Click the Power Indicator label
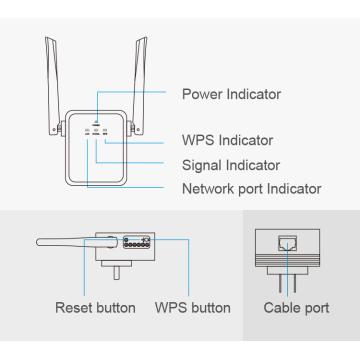click(231, 94)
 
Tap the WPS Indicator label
click(227, 140)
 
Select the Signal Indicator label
click(231, 165)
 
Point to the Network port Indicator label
click(252, 189)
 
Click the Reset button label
click(95, 308)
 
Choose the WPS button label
click(193, 308)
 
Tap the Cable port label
click(296, 308)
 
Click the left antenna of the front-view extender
click(53, 86)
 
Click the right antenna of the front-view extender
click(138, 86)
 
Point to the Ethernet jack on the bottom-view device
click(287, 243)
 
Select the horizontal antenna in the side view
click(77, 242)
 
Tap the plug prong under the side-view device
click(117, 273)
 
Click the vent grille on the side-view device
click(136, 242)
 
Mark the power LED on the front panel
click(97, 122)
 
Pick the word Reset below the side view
click(73, 308)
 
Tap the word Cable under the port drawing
click(280, 308)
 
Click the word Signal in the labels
click(202, 166)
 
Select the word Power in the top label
click(202, 94)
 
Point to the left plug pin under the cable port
click(281, 284)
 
